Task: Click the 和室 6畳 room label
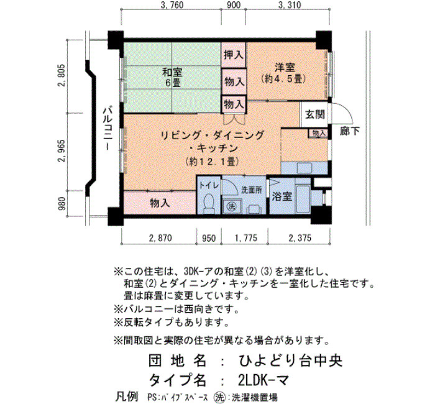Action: coord(172,78)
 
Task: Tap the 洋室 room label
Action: coord(285,67)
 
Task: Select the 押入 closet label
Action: coord(234,55)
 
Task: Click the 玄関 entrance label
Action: coord(315,114)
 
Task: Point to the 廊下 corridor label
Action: coord(350,131)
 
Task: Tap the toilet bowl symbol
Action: coord(208,203)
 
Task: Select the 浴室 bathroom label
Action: coord(282,196)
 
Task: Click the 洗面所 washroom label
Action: coord(252,190)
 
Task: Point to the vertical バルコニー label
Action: coord(108,129)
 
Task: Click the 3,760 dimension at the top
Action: coord(172,5)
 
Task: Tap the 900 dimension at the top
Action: coord(233,5)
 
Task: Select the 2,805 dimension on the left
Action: coord(62,75)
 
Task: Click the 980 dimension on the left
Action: coord(62,203)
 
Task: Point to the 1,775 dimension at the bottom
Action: coord(246,238)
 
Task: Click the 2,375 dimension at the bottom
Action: coord(300,238)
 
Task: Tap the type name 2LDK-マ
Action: coord(263,380)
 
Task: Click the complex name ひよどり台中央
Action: coord(291,360)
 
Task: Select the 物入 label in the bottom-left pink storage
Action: coord(160,203)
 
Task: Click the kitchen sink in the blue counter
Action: coord(304,168)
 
